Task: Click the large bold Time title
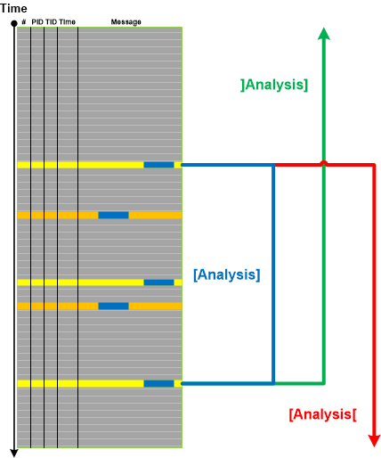13,8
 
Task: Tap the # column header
24,21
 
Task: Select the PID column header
37,21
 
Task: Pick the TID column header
51,21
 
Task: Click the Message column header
126,22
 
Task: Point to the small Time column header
67,21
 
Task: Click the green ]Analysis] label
274,85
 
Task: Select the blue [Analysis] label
227,274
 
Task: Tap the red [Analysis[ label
323,414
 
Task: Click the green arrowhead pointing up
324,34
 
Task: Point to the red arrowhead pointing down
374,441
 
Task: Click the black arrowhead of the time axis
14,454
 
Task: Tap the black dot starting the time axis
14,23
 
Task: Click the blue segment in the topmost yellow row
158,165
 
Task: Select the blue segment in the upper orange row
113,215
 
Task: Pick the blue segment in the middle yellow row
158,282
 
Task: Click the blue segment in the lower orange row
113,306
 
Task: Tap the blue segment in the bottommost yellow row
158,383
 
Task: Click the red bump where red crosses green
324,162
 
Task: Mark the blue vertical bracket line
273,274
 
